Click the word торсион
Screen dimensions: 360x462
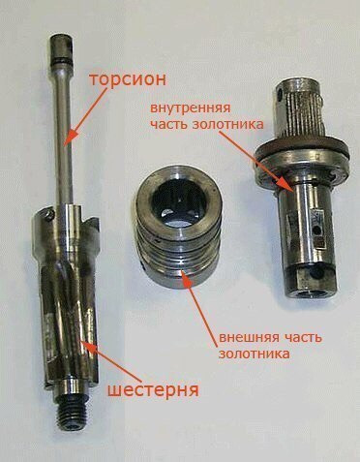coord(128,79)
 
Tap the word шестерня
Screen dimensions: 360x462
coord(153,390)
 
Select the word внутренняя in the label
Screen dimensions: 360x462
coord(191,108)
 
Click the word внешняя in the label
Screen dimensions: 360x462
coord(247,338)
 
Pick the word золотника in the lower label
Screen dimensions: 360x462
coord(255,354)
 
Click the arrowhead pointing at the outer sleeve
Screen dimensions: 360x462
coord(187,277)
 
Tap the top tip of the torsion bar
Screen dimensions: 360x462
coord(62,37)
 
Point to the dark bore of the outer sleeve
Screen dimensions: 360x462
coord(179,201)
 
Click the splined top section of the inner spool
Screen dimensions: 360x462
coord(301,110)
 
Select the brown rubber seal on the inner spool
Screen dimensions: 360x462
coord(302,145)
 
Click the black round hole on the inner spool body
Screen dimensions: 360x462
coord(318,231)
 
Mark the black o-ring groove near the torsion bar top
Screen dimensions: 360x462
coord(61,61)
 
